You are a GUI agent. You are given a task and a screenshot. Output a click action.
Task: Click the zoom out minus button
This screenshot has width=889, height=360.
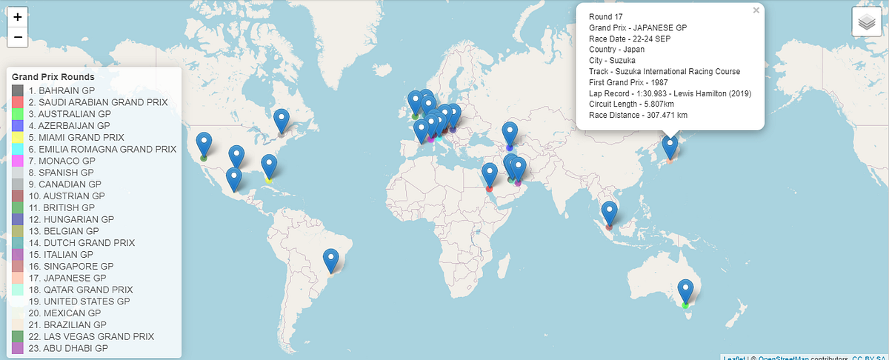[x=18, y=37]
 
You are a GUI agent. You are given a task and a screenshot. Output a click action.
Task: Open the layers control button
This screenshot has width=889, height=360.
[x=865, y=22]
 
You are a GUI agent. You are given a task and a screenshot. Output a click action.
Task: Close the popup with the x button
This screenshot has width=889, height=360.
[x=756, y=11]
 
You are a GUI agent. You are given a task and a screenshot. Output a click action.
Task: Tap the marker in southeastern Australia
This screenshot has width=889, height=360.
[x=686, y=291]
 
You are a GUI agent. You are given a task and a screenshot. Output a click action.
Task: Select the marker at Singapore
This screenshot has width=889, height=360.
[x=609, y=213]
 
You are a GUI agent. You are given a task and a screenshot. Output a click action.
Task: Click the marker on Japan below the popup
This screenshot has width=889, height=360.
[x=670, y=146]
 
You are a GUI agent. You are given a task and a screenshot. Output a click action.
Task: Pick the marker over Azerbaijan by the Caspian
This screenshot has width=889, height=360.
[x=510, y=134]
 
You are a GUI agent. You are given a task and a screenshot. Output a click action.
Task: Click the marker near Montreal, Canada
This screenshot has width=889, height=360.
[x=282, y=120]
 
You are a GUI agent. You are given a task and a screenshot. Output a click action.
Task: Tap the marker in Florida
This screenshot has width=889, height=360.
[x=269, y=167]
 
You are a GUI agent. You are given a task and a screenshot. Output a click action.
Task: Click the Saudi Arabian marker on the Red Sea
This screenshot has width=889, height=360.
[x=489, y=175]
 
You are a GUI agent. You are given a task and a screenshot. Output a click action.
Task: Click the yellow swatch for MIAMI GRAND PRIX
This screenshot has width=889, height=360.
[x=18, y=137]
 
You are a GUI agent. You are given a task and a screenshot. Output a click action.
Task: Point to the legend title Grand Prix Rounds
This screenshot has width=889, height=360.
[x=53, y=77]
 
